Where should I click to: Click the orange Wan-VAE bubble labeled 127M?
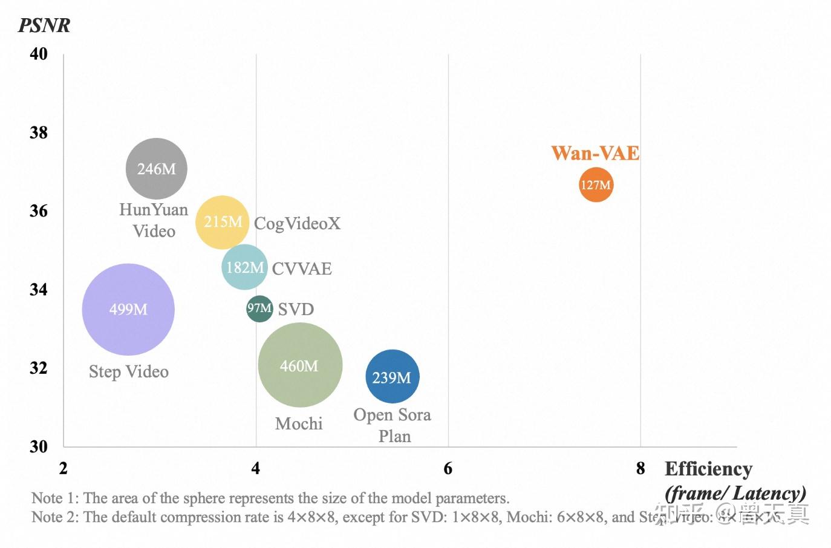coord(596,184)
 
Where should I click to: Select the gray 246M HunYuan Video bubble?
coord(156,169)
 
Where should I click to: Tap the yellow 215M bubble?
coord(222,222)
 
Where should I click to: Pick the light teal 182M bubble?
coord(244,267)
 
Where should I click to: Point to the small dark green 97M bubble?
coord(259,308)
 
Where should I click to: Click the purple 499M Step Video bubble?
coord(128,309)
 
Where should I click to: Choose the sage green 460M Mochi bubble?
coord(300,365)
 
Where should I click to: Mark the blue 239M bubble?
coord(392,377)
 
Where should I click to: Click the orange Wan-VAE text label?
coord(595,153)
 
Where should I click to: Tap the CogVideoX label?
coord(297,223)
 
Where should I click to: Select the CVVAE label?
coord(302,269)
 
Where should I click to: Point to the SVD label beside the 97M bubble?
coord(296,309)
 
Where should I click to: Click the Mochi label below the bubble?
coord(299,423)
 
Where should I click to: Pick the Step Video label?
coord(129,371)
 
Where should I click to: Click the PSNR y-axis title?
coord(44,25)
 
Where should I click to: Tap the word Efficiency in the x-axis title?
coord(708,469)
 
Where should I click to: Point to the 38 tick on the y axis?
coord(39,132)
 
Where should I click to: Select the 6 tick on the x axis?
coord(448,468)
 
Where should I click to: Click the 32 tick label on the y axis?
coord(39,368)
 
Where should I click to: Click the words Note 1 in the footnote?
coord(54,498)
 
